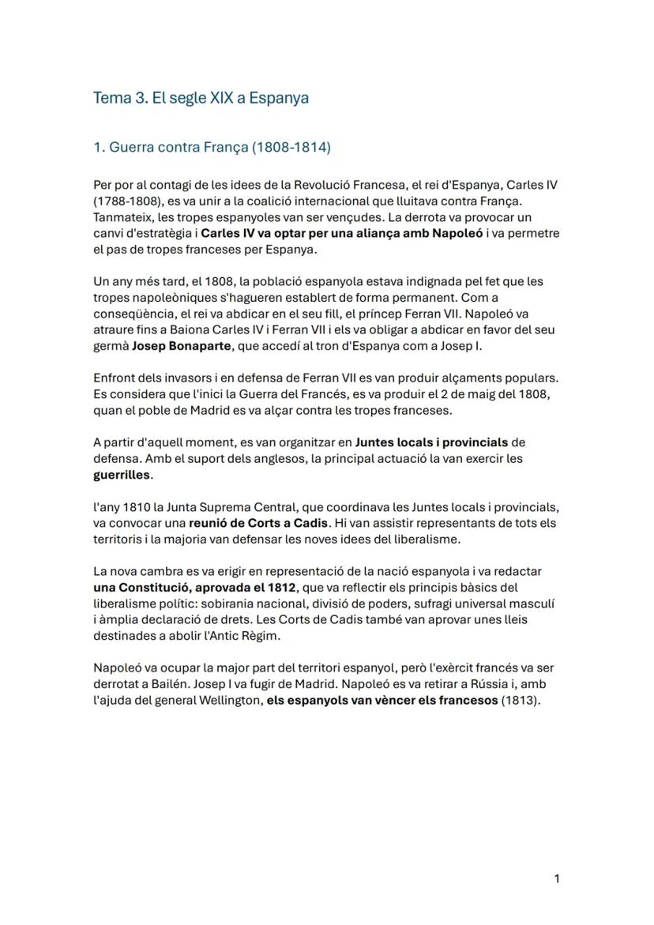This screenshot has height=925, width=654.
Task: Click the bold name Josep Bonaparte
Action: point(182,346)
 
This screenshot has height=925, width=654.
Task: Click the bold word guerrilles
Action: point(122,476)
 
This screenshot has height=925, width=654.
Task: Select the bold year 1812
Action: point(281,588)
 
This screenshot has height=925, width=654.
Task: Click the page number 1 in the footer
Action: point(557,878)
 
